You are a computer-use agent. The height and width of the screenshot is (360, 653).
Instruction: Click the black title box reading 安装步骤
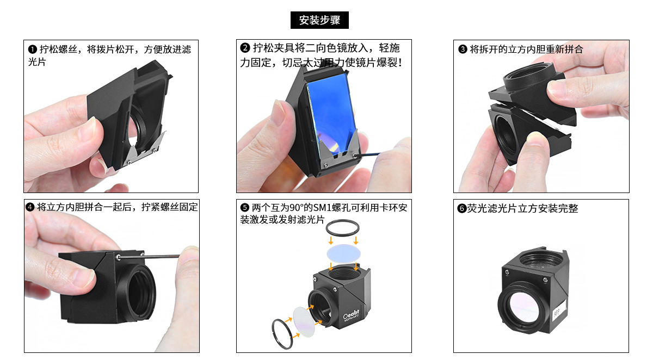(319, 20)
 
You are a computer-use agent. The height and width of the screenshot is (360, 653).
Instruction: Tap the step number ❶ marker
(32, 49)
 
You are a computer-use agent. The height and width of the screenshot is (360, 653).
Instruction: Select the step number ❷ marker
(245, 48)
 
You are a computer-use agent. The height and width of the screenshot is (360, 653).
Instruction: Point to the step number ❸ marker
(463, 49)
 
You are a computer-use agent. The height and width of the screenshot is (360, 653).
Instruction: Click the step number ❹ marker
(30, 207)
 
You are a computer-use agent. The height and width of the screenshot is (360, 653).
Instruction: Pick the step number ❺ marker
(244, 207)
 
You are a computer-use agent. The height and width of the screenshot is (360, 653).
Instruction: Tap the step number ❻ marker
(462, 208)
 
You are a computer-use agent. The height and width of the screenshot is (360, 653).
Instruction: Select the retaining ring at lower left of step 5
(282, 334)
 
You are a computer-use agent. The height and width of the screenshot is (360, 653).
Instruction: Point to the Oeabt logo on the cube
(352, 314)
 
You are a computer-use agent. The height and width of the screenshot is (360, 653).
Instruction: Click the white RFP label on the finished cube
(559, 311)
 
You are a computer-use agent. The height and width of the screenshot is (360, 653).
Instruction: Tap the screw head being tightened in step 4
(118, 257)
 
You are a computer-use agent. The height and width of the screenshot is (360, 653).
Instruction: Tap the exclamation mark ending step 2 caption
(400, 63)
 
